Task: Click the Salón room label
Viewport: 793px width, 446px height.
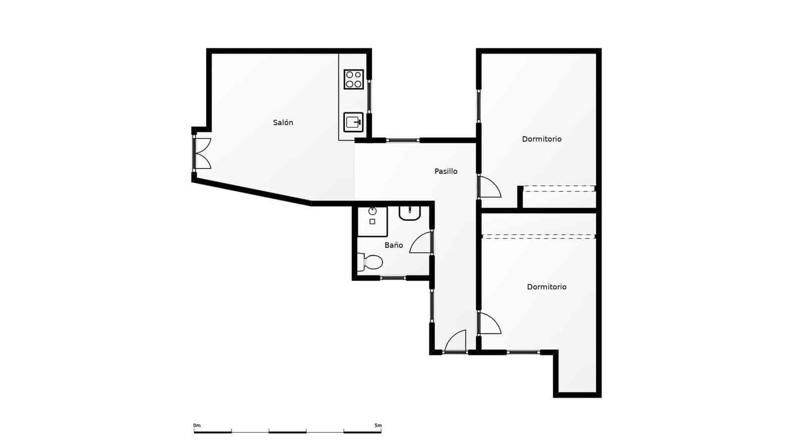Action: [x=283, y=122]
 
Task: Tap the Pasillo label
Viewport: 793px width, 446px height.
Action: [x=446, y=171]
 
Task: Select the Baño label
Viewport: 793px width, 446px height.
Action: [x=394, y=245]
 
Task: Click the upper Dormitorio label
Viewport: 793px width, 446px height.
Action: [x=541, y=139]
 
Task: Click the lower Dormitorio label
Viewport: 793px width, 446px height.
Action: [x=546, y=286]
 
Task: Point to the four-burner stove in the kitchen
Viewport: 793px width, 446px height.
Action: [x=354, y=79]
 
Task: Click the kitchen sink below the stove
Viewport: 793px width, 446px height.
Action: [x=353, y=122]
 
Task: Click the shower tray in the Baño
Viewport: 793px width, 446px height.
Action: [x=372, y=221]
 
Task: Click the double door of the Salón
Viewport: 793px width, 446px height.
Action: [x=202, y=153]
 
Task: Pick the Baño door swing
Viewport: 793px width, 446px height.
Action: [x=421, y=243]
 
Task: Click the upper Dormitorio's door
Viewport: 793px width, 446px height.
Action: [x=489, y=187]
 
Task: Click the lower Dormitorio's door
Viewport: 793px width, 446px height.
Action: [x=489, y=324]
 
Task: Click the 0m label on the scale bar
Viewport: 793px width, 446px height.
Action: [x=197, y=425]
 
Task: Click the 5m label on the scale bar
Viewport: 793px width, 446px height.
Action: [x=378, y=425]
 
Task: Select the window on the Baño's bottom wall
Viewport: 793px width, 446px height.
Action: [x=393, y=278]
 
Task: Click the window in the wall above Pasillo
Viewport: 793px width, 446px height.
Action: [x=403, y=140]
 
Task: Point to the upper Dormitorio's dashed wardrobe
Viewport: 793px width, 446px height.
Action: [x=559, y=189]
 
